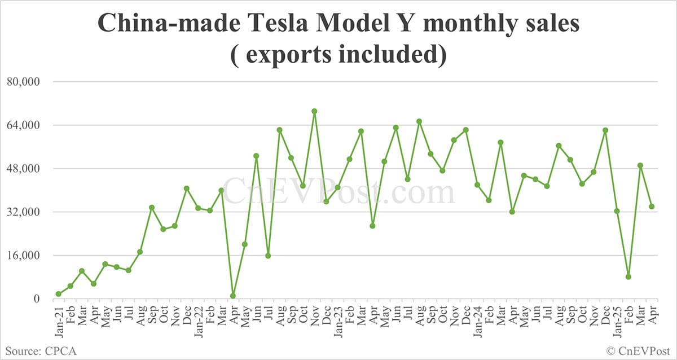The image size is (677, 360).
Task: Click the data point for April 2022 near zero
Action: (x=233, y=296)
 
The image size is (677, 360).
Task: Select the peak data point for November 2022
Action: (x=314, y=111)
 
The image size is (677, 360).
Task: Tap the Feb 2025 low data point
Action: (x=628, y=276)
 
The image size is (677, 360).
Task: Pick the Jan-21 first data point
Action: (x=59, y=294)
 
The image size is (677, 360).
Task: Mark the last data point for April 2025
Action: (x=652, y=207)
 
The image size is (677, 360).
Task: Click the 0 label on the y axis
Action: (x=36, y=299)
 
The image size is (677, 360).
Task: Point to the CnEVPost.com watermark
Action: (x=338, y=192)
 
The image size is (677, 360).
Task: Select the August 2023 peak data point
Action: (x=419, y=121)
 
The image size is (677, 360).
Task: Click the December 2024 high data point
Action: (x=605, y=130)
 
